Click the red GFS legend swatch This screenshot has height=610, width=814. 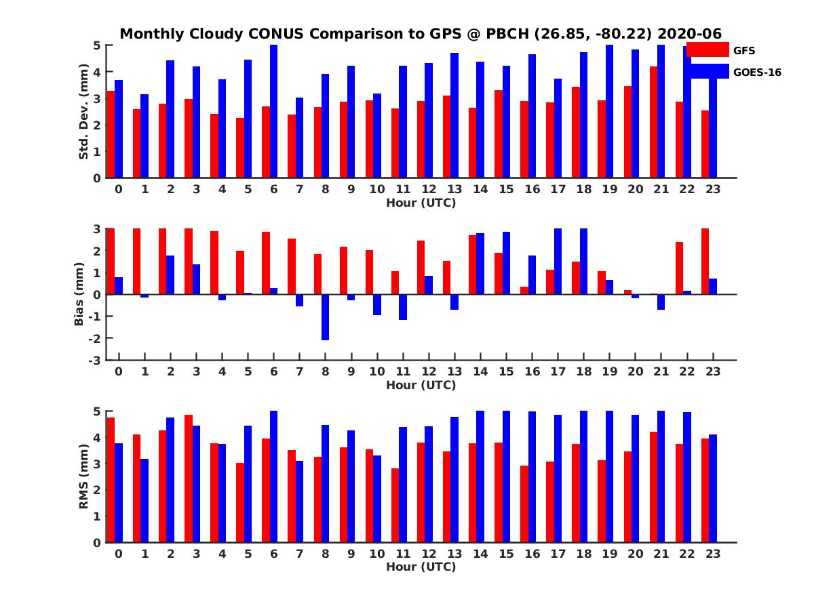coord(708,49)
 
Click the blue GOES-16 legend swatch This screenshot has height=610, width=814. coord(708,71)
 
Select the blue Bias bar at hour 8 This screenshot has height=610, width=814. coord(326,317)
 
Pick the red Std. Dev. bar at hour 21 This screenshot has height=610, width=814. coord(653,122)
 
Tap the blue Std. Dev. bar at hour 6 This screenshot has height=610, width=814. coord(274,112)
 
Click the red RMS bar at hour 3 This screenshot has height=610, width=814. coord(189,479)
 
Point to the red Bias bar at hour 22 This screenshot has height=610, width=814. coord(679,268)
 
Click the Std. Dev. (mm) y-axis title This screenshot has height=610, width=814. coord(83,112)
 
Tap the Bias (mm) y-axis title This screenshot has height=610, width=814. coord(79,294)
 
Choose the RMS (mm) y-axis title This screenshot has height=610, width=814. coord(83,477)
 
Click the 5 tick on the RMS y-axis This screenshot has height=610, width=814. coord(97,411)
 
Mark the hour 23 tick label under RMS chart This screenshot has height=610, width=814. coord(712,554)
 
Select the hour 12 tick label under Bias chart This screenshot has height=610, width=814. coord(429,371)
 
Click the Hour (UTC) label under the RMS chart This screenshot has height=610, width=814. coord(421,567)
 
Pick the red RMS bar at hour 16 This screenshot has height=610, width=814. coord(524,504)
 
